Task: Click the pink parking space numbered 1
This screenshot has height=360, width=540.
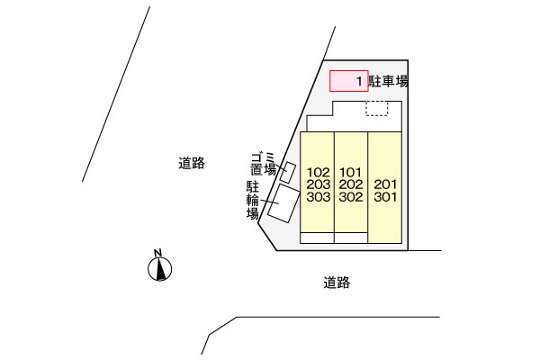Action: click(x=347, y=81)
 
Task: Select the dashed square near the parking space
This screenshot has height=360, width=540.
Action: click(x=376, y=108)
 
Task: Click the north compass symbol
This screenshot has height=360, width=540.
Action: click(x=159, y=267)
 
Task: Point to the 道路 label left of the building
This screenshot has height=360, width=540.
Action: click(x=192, y=163)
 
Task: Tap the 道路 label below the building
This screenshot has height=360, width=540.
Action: click(x=337, y=283)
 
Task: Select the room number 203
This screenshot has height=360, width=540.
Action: click(x=318, y=184)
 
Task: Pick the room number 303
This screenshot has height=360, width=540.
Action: click(x=318, y=197)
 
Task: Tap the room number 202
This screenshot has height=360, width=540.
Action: click(x=351, y=184)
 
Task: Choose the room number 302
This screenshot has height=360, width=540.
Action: click(x=351, y=197)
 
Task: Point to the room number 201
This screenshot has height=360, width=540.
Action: click(x=385, y=183)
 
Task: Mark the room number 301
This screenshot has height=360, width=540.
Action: click(x=385, y=196)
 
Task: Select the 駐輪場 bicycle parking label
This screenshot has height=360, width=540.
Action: click(x=253, y=200)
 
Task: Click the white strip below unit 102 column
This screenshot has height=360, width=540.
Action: click(x=317, y=238)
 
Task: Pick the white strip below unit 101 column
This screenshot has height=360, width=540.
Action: click(x=351, y=238)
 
